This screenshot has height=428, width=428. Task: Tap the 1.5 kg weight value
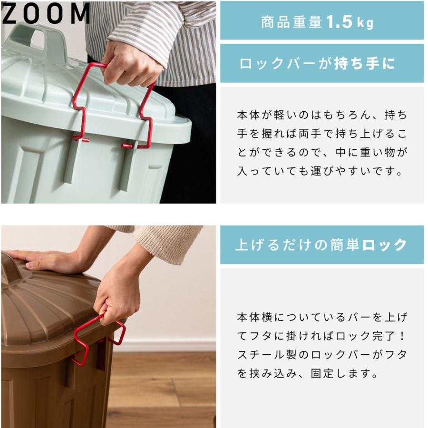[x=349, y=22]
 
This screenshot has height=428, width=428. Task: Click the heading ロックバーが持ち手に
[x=317, y=64]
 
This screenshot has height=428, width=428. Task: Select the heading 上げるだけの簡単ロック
[x=321, y=245]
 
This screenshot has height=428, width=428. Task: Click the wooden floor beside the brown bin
[x=162, y=390]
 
